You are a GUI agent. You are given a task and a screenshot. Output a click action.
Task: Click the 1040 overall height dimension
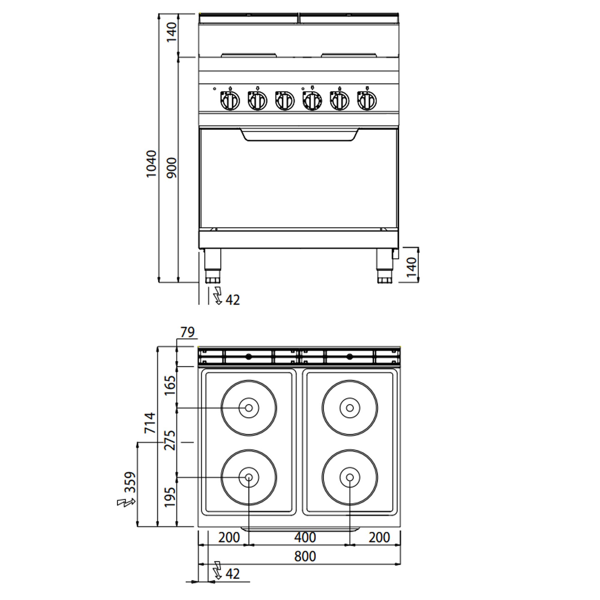151,164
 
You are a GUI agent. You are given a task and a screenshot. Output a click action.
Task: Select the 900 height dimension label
171,168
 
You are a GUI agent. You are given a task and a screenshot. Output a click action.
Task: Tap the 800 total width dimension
305,556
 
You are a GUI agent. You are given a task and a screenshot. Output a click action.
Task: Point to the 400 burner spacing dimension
305,537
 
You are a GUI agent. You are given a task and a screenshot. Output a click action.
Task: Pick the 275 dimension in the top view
170,440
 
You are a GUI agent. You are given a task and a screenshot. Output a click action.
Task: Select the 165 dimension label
170,385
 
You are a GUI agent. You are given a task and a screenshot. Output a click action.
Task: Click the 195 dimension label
170,497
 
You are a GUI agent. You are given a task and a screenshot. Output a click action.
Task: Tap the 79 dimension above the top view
187,332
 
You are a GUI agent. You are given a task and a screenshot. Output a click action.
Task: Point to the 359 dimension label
130,482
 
